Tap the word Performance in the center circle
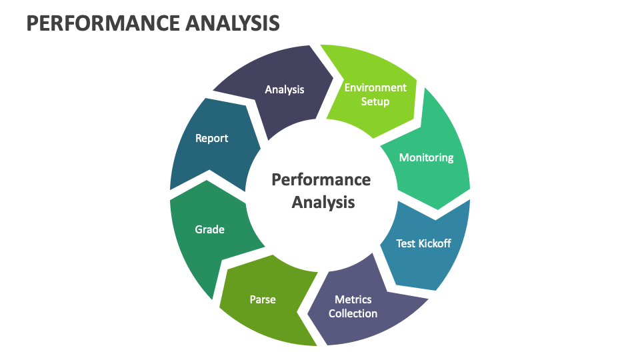[x=321, y=179]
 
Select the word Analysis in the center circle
[x=323, y=201]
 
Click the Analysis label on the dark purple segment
[x=284, y=89]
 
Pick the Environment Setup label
[x=375, y=95]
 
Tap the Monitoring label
[x=426, y=157]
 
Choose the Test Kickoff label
[x=423, y=243]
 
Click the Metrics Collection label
[x=353, y=306]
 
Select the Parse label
[x=263, y=299]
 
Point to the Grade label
[x=209, y=229]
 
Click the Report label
[x=211, y=138]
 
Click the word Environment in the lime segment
[x=375, y=87]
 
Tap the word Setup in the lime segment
[x=375, y=102]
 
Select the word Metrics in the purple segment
[x=353, y=299]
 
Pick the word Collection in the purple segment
[x=353, y=313]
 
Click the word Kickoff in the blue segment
[x=433, y=243]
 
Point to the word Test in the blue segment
[x=406, y=243]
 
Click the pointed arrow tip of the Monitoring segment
[x=437, y=218]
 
